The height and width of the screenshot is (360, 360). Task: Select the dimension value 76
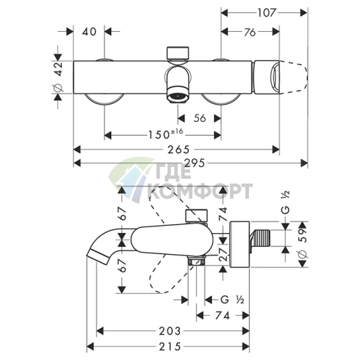pyautogui.click(x=249, y=32)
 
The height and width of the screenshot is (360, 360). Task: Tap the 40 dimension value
pyautogui.click(x=89, y=32)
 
